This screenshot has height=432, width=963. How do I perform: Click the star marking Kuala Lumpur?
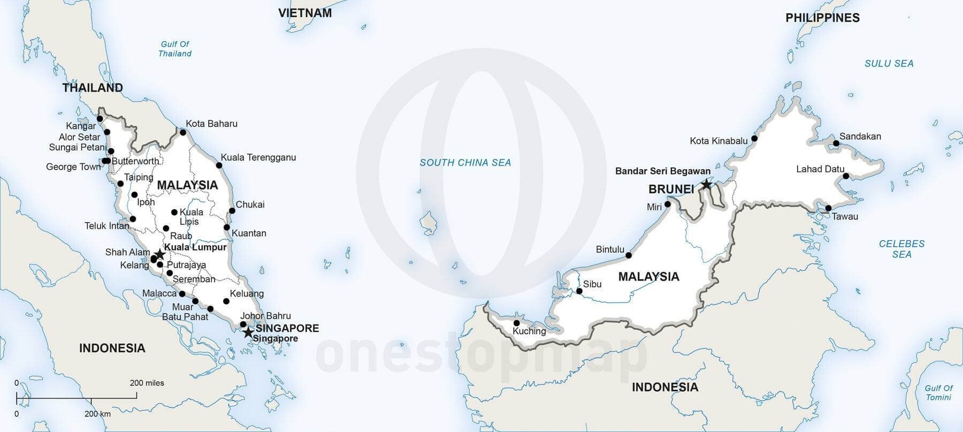point(159,255)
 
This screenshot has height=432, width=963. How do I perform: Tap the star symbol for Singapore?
point(248,332)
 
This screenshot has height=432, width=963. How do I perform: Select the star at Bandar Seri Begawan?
point(706,185)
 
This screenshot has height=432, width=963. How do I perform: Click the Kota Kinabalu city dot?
point(754,138)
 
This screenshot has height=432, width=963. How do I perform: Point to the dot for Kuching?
point(516,323)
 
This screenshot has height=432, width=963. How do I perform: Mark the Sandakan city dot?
point(836,143)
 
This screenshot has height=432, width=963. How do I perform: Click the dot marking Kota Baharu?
point(182,132)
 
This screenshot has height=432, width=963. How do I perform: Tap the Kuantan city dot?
point(227,228)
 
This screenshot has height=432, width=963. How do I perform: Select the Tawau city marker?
point(828,208)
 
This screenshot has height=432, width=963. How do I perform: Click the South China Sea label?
point(465,163)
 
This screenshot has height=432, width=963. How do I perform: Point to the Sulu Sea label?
point(889,64)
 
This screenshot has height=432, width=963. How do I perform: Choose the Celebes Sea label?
point(901,249)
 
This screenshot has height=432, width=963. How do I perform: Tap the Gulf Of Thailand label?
point(175,49)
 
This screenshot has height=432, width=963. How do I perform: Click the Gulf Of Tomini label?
point(939,392)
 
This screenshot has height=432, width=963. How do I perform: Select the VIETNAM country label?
point(305,13)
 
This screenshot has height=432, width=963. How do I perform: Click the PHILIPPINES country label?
point(822,18)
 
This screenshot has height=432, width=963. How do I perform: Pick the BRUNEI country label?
point(671,189)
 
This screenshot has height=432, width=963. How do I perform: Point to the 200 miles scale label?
point(147,383)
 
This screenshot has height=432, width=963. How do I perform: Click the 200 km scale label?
point(97,414)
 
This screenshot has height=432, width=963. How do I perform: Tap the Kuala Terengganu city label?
point(258,157)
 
